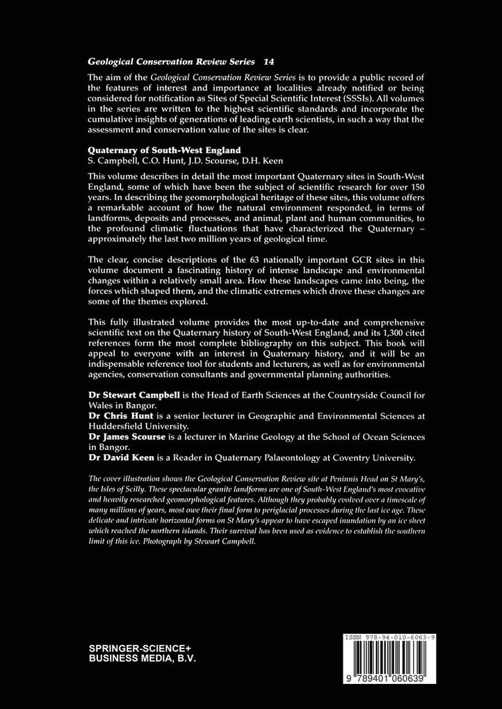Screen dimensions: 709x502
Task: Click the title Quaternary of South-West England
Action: (163, 151)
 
